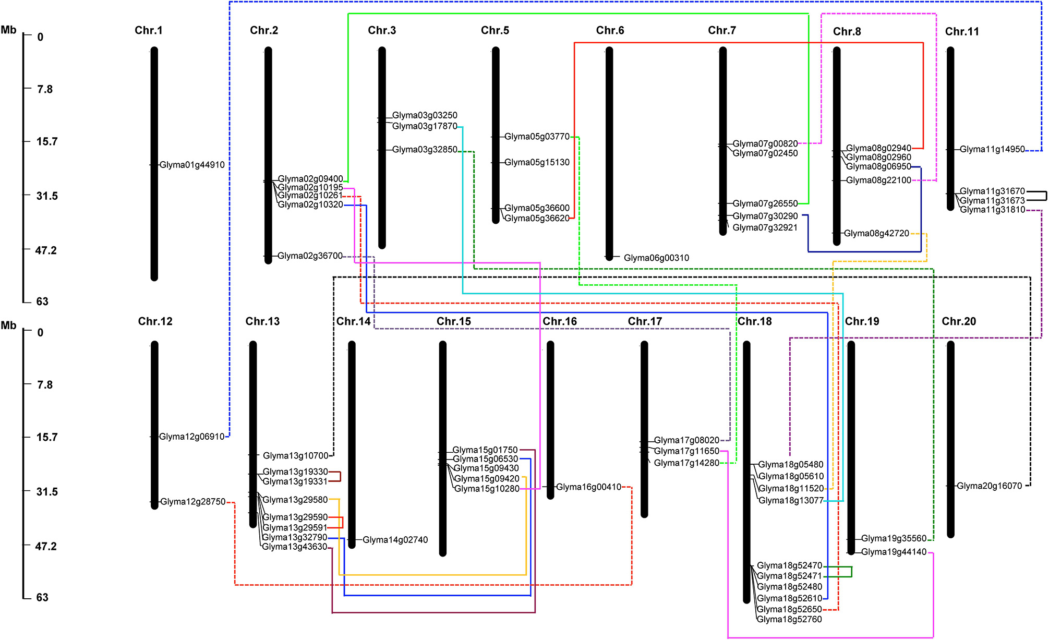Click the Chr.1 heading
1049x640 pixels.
(148, 30)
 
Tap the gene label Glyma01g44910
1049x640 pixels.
(192, 165)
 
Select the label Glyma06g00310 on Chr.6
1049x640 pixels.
(656, 258)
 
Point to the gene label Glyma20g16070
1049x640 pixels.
(989, 486)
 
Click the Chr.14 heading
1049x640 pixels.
(353, 321)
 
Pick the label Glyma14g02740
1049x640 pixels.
(395, 540)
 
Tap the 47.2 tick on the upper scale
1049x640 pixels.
(46, 250)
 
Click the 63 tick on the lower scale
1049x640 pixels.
(42, 597)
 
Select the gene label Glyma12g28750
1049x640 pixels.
(192, 502)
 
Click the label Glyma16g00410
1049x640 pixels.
(588, 487)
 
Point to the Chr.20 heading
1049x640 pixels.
(958, 321)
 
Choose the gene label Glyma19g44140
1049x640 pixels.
(894, 552)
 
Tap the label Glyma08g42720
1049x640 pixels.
(876, 233)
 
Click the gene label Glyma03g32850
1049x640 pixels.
(425, 150)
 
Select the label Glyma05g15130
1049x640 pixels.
(537, 162)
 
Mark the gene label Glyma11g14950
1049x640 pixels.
(992, 149)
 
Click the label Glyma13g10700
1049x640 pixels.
(295, 455)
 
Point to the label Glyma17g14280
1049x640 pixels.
(686, 463)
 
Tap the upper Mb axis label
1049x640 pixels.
(8, 30)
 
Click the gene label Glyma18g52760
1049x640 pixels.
(789, 619)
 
